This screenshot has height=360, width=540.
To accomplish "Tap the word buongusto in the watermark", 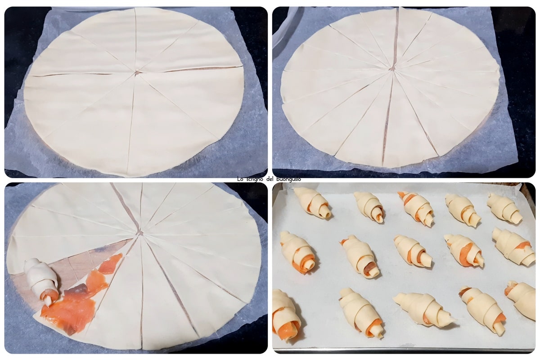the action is click(x=288, y=179).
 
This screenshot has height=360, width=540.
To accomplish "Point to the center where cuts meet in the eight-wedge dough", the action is click(x=137, y=72).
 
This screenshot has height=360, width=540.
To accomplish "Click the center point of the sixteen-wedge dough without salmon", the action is click(x=392, y=69).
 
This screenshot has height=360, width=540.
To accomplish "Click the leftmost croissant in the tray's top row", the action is click(x=312, y=203).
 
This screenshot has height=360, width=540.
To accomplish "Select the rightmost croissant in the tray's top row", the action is click(x=504, y=207).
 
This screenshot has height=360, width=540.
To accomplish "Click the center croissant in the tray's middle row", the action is click(x=413, y=251).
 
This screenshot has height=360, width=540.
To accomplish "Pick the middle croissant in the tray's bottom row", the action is click(x=424, y=309).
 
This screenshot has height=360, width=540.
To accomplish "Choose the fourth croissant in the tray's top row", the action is click(x=463, y=210).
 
